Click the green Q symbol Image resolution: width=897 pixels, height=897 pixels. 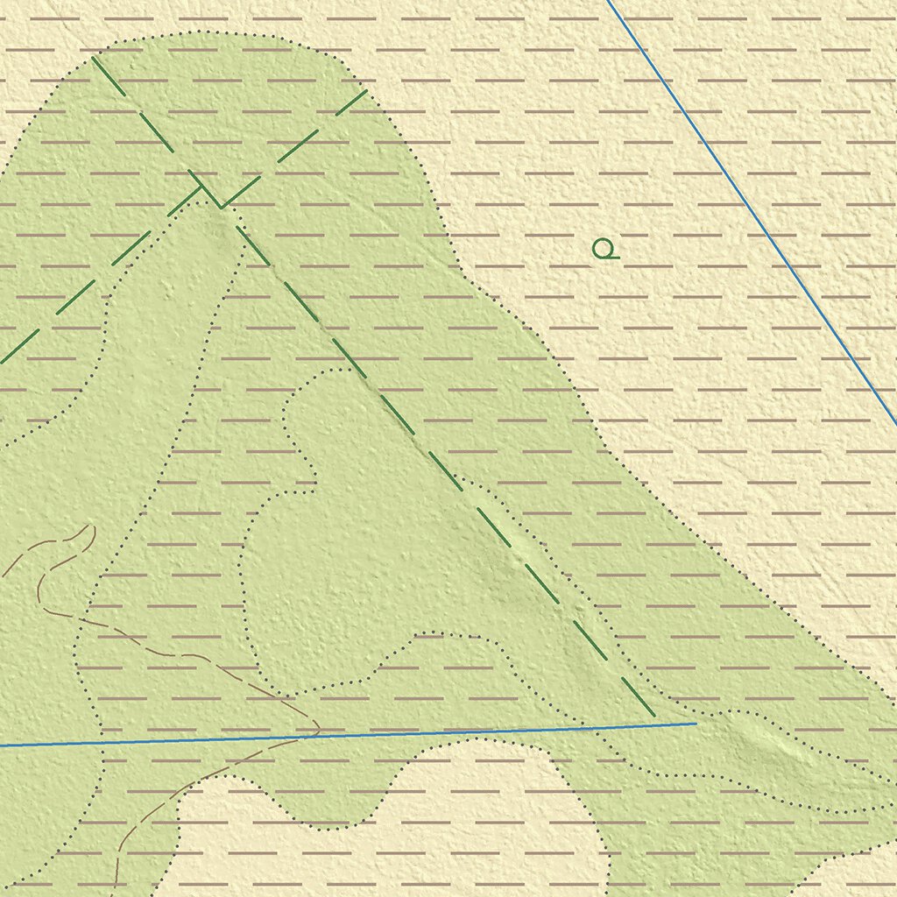[603, 249]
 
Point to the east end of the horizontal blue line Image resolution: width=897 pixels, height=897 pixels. [696, 724]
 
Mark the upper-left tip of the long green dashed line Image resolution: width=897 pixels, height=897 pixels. [92, 57]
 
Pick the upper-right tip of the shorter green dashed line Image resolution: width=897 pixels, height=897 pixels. [366, 90]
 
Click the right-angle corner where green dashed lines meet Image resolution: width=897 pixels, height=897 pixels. [222, 207]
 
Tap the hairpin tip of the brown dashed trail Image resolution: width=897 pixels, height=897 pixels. [91, 527]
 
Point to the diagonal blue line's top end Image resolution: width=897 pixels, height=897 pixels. [607, 1]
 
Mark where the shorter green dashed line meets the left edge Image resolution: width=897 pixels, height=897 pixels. [2, 362]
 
